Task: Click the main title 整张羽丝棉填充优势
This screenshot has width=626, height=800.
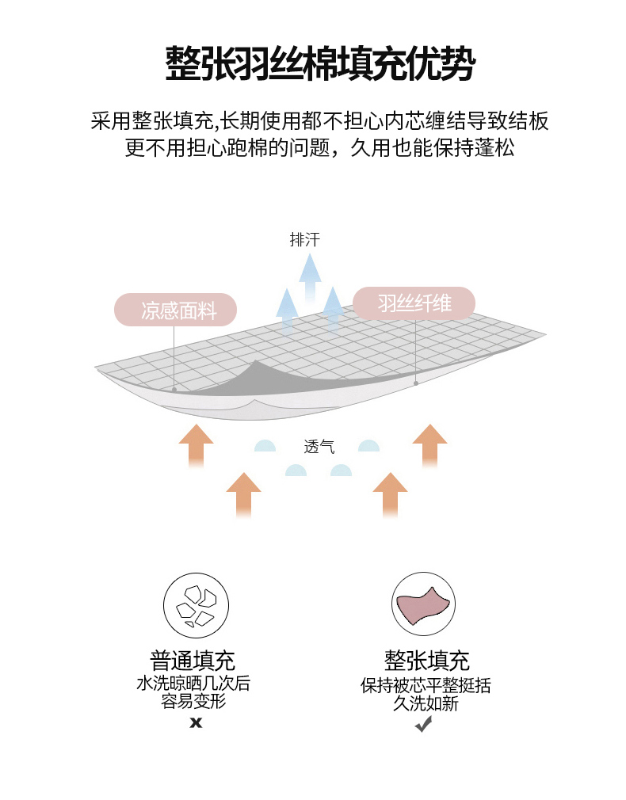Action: pyautogui.click(x=319, y=63)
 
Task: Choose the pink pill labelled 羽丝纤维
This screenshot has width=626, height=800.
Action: pyautogui.click(x=414, y=303)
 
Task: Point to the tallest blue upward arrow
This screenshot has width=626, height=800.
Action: pyautogui.click(x=310, y=277)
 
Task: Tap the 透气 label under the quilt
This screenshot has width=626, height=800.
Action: pyautogui.click(x=319, y=447)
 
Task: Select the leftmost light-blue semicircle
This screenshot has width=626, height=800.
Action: pyautogui.click(x=265, y=446)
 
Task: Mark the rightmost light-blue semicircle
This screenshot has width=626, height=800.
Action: pyautogui.click(x=368, y=446)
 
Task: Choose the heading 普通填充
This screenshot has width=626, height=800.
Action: pyautogui.click(x=193, y=661)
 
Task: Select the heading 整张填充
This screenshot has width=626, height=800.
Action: pyautogui.click(x=427, y=661)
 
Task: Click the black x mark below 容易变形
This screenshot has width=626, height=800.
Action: pyautogui.click(x=196, y=722)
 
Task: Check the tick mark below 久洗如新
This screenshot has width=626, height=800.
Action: pyautogui.click(x=424, y=724)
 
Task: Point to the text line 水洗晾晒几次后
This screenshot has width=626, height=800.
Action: pyautogui.click(x=193, y=683)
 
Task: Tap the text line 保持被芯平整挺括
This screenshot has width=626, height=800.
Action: pyautogui.click(x=426, y=685)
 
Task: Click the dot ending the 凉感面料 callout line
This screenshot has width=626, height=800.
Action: pyautogui.click(x=174, y=390)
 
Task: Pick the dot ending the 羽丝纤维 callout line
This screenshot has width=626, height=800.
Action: pyautogui.click(x=416, y=383)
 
